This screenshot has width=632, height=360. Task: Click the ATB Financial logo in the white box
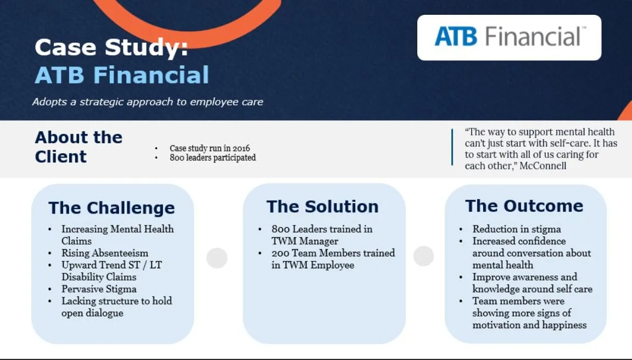point(510,37)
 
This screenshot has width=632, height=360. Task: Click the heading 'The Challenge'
point(111,208)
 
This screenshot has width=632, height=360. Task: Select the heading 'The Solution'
point(322,206)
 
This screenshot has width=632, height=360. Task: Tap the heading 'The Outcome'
point(524,206)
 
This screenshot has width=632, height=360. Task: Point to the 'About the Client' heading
point(79,147)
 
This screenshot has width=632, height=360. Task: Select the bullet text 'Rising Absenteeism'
point(105,253)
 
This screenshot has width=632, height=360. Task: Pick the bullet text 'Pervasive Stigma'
point(99,289)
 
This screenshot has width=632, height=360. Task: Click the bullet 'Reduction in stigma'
point(517,229)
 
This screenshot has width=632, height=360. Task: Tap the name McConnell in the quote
point(543,166)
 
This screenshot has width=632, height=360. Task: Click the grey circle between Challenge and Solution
point(217,258)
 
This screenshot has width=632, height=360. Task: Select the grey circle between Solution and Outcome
point(423,256)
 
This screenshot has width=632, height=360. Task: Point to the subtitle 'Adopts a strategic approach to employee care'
point(148,102)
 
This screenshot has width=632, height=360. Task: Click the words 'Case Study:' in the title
point(111,48)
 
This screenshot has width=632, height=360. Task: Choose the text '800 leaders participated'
point(212,157)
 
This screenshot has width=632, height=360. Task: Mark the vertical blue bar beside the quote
point(452,147)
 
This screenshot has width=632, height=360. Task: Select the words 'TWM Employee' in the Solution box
point(313,265)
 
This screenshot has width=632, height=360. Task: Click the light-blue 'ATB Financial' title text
point(122,75)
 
